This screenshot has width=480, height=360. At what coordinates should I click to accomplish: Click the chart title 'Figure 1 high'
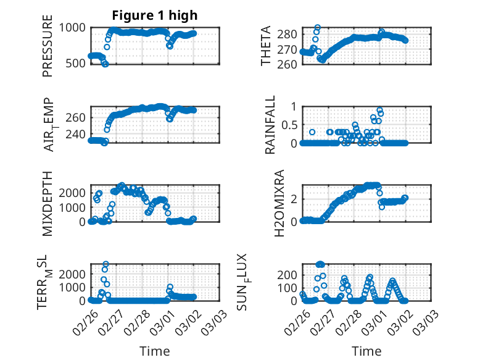coord(154,15)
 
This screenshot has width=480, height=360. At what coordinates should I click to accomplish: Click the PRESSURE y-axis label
coord(48,51)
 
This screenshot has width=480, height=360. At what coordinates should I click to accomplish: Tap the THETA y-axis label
coord(266,46)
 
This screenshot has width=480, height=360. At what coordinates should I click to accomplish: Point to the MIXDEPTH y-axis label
coord(48,204)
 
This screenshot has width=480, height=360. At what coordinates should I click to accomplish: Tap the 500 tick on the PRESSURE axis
coord(77,64)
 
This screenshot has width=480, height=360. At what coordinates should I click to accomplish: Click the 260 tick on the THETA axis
coord(288,64)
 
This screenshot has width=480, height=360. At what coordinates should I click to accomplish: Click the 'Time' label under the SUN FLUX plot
coord(366,351)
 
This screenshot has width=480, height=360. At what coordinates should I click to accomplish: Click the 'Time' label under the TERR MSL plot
coord(155,351)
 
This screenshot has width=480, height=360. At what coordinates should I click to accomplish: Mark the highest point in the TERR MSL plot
coord(106,264)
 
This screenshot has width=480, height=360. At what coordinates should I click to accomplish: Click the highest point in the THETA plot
coord(317,28)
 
